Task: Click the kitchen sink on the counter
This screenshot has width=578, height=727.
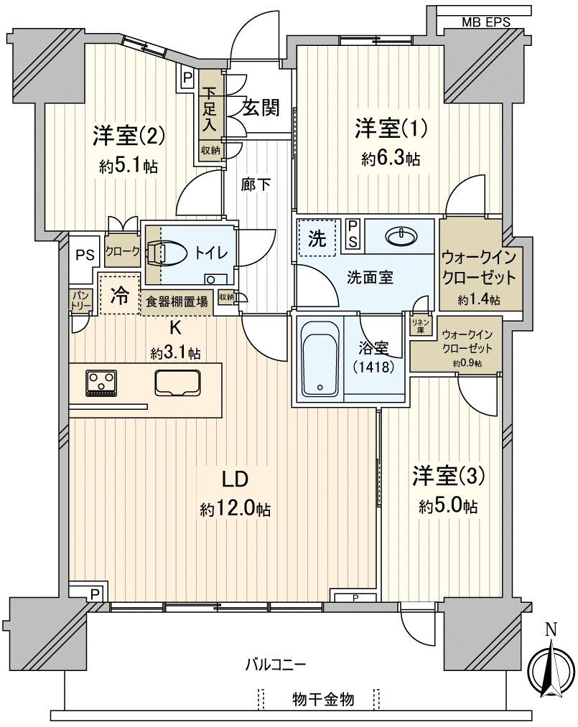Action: [x=177, y=382]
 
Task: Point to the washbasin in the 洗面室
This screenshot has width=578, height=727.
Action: [x=398, y=235]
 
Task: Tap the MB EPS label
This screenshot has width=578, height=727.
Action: [x=485, y=22]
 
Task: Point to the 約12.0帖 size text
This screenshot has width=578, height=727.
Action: [x=235, y=510]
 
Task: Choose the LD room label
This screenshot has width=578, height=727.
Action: [x=234, y=479]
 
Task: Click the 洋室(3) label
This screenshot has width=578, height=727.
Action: [x=449, y=475]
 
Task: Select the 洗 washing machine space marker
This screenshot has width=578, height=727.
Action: [x=316, y=240]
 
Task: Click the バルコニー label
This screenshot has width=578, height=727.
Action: [x=276, y=664]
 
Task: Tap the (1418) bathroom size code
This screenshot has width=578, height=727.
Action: [x=373, y=366]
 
